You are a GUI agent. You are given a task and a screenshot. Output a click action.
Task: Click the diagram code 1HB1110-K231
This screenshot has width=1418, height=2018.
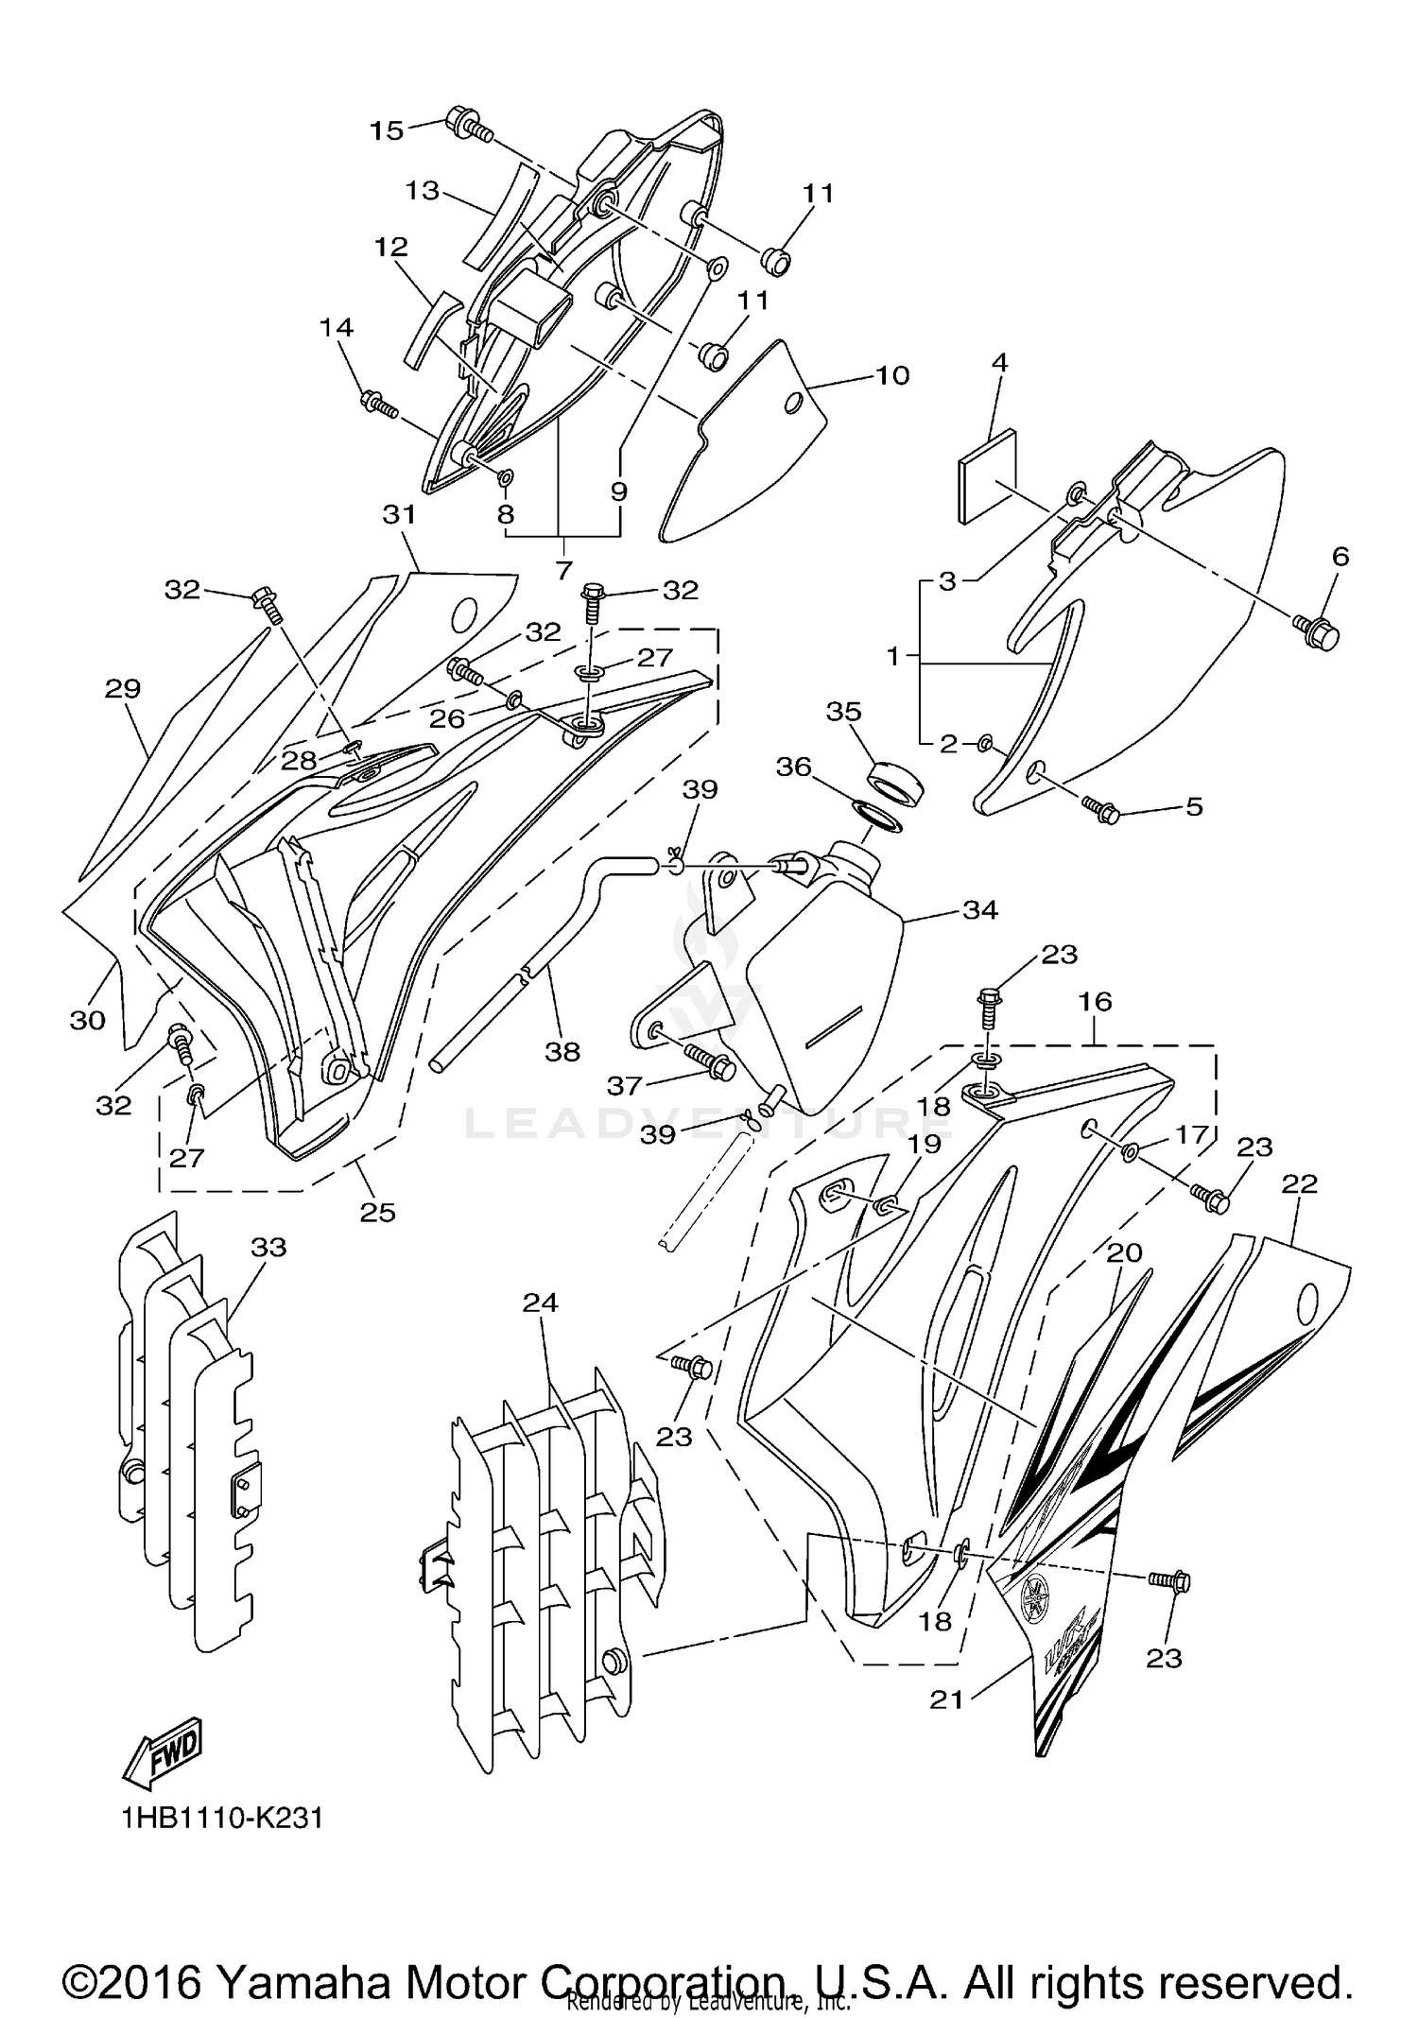222,1818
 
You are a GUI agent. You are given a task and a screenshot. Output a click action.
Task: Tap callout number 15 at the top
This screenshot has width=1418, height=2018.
386,130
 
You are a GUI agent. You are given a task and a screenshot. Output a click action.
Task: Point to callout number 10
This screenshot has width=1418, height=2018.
892,375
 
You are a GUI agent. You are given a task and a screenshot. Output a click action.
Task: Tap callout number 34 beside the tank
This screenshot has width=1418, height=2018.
980,909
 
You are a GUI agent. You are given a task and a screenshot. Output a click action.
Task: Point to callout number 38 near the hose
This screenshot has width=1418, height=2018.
562,1051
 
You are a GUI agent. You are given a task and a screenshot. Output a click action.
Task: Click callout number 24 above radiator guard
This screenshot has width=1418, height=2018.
541,1302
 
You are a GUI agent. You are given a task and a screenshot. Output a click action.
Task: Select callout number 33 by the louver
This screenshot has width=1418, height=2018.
268,1247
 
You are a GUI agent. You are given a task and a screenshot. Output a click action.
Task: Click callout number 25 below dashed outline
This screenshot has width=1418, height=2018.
377,1213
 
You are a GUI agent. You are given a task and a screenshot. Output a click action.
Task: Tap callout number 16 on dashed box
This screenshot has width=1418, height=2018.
1096,1001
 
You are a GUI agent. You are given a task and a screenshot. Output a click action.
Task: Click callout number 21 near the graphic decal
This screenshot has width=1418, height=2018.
946,1699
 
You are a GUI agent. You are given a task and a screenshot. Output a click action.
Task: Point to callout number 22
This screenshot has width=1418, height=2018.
1300,1183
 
